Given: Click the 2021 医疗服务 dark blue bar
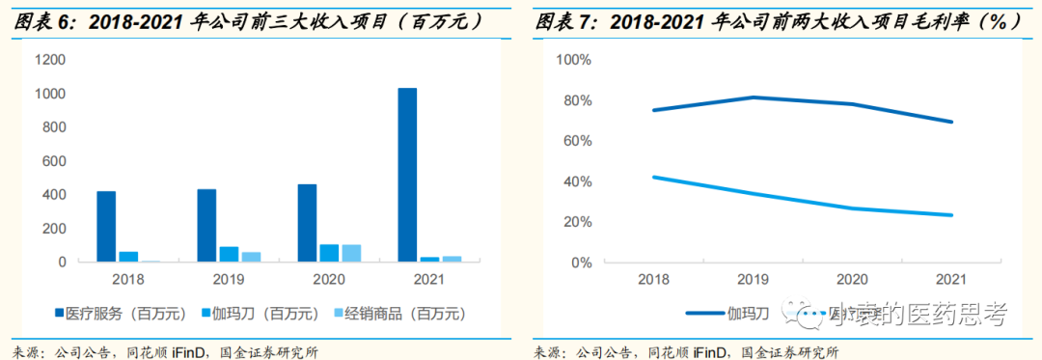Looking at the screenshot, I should point(407,175).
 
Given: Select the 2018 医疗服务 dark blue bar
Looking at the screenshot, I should point(106,227).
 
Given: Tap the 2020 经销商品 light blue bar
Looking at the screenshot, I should point(351,253).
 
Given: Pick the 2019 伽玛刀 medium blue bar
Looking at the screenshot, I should point(229,254).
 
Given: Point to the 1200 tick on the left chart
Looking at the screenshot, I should point(49,60).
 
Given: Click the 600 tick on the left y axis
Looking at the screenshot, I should point(54,161).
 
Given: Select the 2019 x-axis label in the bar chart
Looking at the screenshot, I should point(229,279).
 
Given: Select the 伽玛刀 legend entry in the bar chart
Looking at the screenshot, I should point(264,314).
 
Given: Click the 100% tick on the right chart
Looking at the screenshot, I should point(573,60).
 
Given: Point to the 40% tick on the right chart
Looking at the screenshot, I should point(577,181).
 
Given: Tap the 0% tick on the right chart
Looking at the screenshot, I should point(581,263).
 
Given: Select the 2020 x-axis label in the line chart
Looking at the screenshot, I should point(851,279).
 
